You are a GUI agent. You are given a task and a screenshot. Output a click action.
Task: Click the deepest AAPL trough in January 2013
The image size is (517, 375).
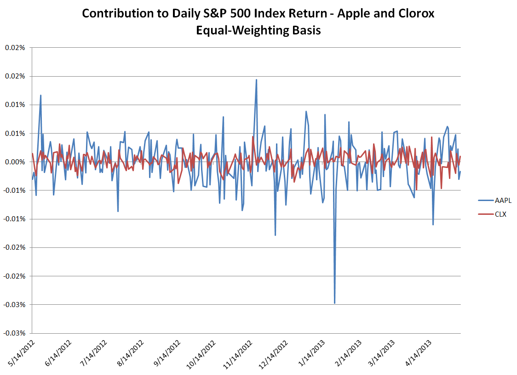pos(334,303)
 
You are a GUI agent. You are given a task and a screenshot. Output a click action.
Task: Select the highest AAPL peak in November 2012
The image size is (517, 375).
pos(256,80)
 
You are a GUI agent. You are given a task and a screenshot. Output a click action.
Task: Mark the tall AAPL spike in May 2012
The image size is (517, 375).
pos(40,95)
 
